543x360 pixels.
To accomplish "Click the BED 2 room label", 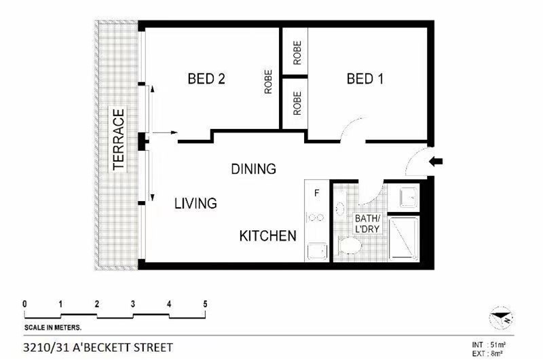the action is click(x=206, y=79).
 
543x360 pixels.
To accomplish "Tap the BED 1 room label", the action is click(x=365, y=79).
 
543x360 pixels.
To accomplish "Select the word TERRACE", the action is click(x=118, y=139).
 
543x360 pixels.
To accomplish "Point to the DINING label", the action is click(x=253, y=168).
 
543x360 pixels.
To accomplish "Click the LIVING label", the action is click(x=195, y=203).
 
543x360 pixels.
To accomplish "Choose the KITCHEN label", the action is click(x=267, y=236).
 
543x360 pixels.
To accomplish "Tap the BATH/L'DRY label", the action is click(x=367, y=223).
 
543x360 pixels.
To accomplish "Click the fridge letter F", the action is click(x=316, y=193).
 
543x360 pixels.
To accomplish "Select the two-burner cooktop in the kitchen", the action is click(x=316, y=217).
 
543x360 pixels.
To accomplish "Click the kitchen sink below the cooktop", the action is click(x=317, y=251).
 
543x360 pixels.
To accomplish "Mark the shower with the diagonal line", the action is click(x=404, y=238).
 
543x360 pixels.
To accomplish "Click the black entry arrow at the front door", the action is click(x=436, y=161).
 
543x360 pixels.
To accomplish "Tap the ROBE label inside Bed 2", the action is click(x=268, y=82).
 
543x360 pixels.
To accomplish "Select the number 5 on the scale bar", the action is click(x=205, y=304).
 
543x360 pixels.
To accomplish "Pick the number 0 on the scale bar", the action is click(x=24, y=304).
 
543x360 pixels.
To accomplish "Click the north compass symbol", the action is click(x=501, y=318).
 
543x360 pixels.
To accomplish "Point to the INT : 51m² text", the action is click(x=489, y=345).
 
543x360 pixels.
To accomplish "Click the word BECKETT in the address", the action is click(x=110, y=347).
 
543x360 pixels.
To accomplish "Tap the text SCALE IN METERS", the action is click(x=53, y=327).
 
